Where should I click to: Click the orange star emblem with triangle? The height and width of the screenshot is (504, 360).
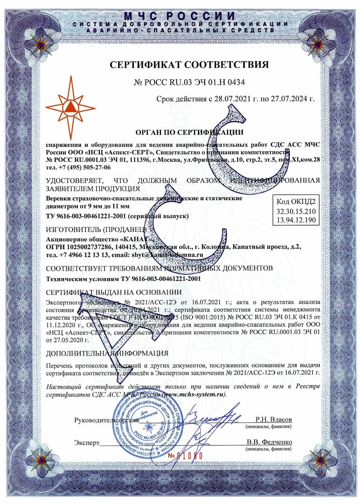(70, 106)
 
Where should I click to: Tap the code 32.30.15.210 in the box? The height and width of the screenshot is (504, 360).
(296, 211)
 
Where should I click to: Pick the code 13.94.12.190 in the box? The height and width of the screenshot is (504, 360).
(296, 220)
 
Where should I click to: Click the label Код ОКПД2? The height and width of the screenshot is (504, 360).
(296, 203)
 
